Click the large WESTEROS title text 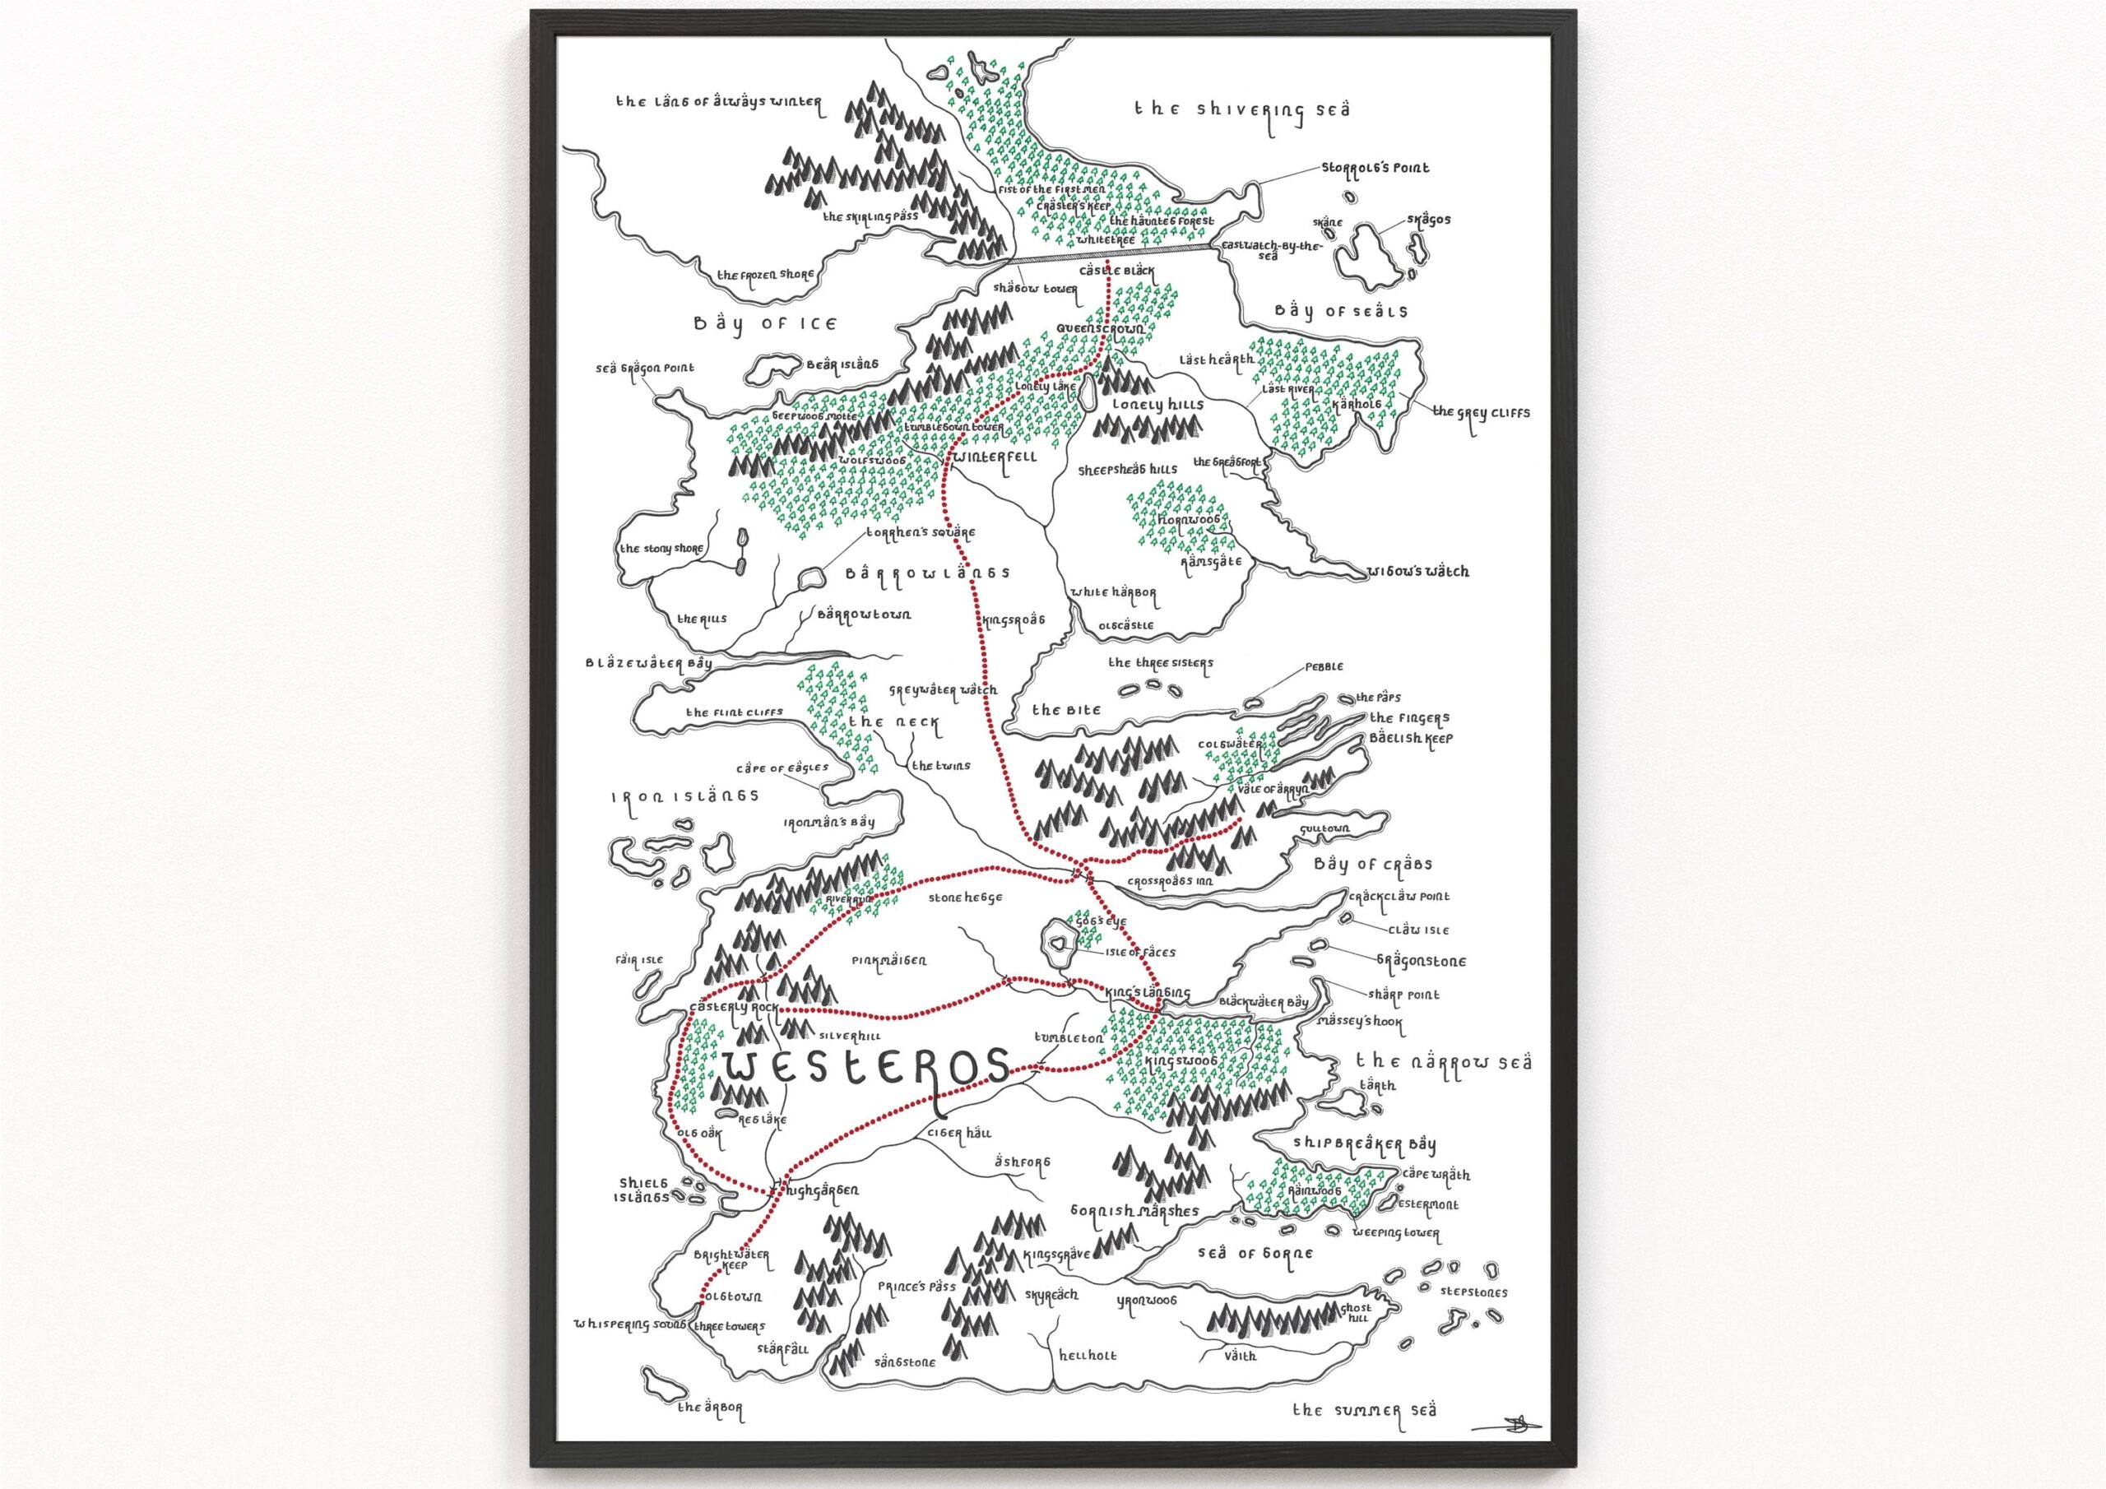pos(867,1069)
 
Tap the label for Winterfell pos(995,456)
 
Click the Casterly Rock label pos(733,1009)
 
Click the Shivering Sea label pos(1242,110)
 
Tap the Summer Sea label pos(1364,1410)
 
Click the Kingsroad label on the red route pos(1014,621)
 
